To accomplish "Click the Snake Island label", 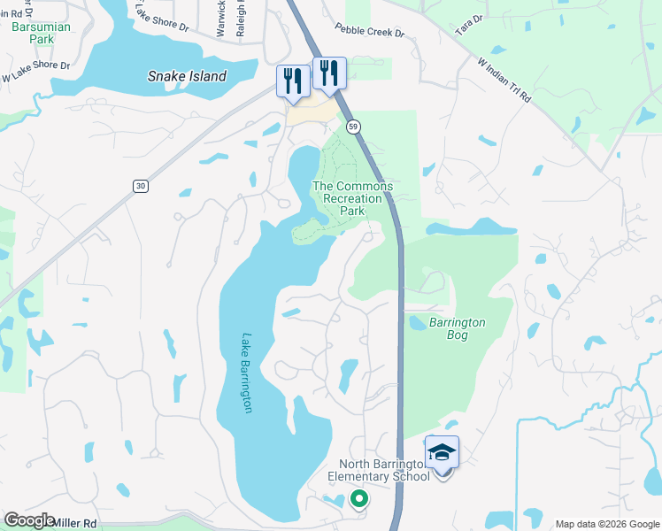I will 187,76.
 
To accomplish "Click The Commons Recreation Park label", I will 352,198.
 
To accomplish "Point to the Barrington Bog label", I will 457,323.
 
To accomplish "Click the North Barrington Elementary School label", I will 385,471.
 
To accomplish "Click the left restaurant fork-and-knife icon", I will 293,81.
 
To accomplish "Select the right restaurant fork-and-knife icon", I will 329,73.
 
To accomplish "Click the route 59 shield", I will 353,127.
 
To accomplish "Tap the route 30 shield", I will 141,185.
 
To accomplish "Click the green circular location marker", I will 358,500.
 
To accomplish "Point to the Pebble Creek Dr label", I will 369,31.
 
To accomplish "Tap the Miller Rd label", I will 74,523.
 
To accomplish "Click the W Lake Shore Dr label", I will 35,71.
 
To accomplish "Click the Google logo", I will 29,520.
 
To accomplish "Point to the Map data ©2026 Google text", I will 606,524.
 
